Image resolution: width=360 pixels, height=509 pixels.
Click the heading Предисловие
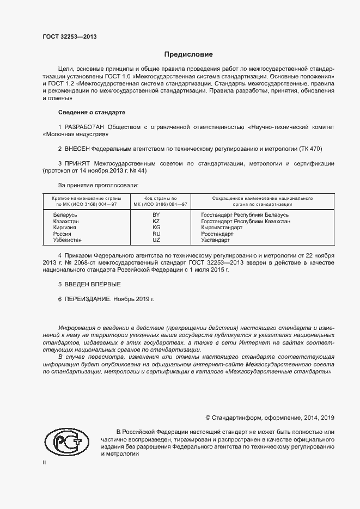(189, 54)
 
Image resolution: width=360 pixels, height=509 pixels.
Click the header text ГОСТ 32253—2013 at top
(70, 36)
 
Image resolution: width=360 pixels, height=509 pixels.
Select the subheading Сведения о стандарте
(91, 112)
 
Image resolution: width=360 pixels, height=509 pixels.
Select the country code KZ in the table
(156, 222)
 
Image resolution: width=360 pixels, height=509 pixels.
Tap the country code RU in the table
(156, 234)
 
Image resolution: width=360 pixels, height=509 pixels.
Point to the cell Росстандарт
(233, 234)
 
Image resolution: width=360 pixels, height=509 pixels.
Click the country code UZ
(156, 240)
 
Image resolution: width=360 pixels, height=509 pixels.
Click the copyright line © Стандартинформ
(270, 418)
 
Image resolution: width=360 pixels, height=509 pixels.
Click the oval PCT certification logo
(66, 441)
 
